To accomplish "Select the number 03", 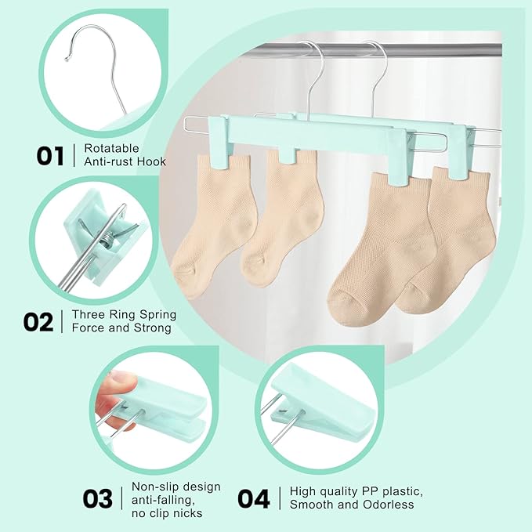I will (97, 498).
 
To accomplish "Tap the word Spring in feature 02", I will (157, 314).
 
